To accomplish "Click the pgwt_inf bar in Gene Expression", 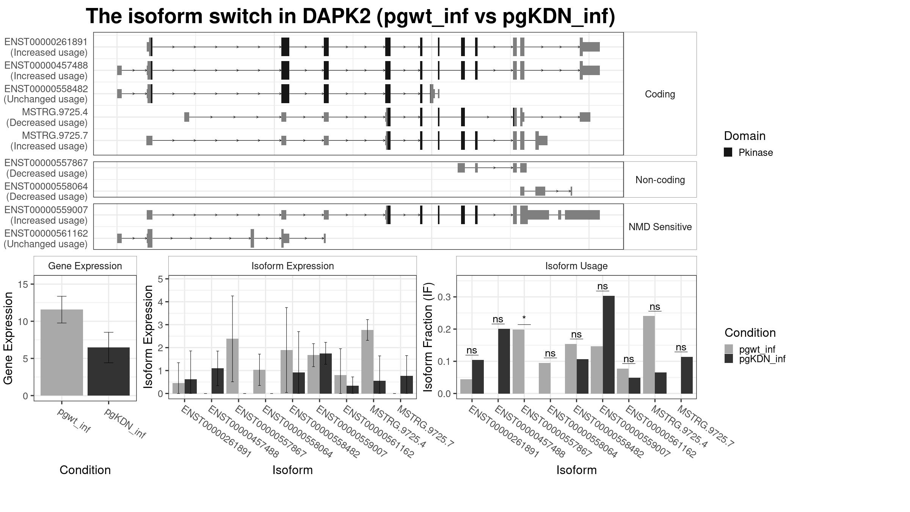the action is click(62, 352).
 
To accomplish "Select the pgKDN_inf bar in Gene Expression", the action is click(108, 371).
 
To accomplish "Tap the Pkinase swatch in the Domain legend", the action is click(728, 152).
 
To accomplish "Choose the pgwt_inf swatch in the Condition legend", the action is click(729, 349).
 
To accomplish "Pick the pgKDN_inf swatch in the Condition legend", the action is click(729, 358).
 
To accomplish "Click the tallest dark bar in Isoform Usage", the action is click(609, 345).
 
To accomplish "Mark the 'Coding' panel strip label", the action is click(660, 94).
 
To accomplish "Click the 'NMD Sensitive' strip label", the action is click(660, 227).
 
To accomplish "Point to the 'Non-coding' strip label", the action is click(660, 180).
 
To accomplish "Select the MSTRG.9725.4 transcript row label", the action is click(55, 112).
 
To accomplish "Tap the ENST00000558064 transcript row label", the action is click(46, 187).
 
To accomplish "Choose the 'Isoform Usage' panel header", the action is click(576, 266).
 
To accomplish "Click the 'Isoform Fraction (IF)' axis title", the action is click(428, 337).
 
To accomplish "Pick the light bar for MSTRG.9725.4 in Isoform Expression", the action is click(367, 362).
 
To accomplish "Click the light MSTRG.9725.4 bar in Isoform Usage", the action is click(649, 355).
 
